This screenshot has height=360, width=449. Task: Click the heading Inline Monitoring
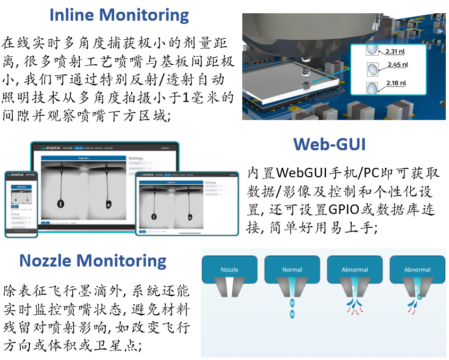[119, 14]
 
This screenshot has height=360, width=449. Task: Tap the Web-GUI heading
[329, 144]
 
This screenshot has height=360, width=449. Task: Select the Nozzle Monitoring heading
[93, 261]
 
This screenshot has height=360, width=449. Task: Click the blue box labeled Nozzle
[230, 270]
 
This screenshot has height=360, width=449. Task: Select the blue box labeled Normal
[292, 270]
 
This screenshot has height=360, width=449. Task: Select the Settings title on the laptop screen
[136, 158]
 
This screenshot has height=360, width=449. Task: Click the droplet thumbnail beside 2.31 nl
[372, 51]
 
